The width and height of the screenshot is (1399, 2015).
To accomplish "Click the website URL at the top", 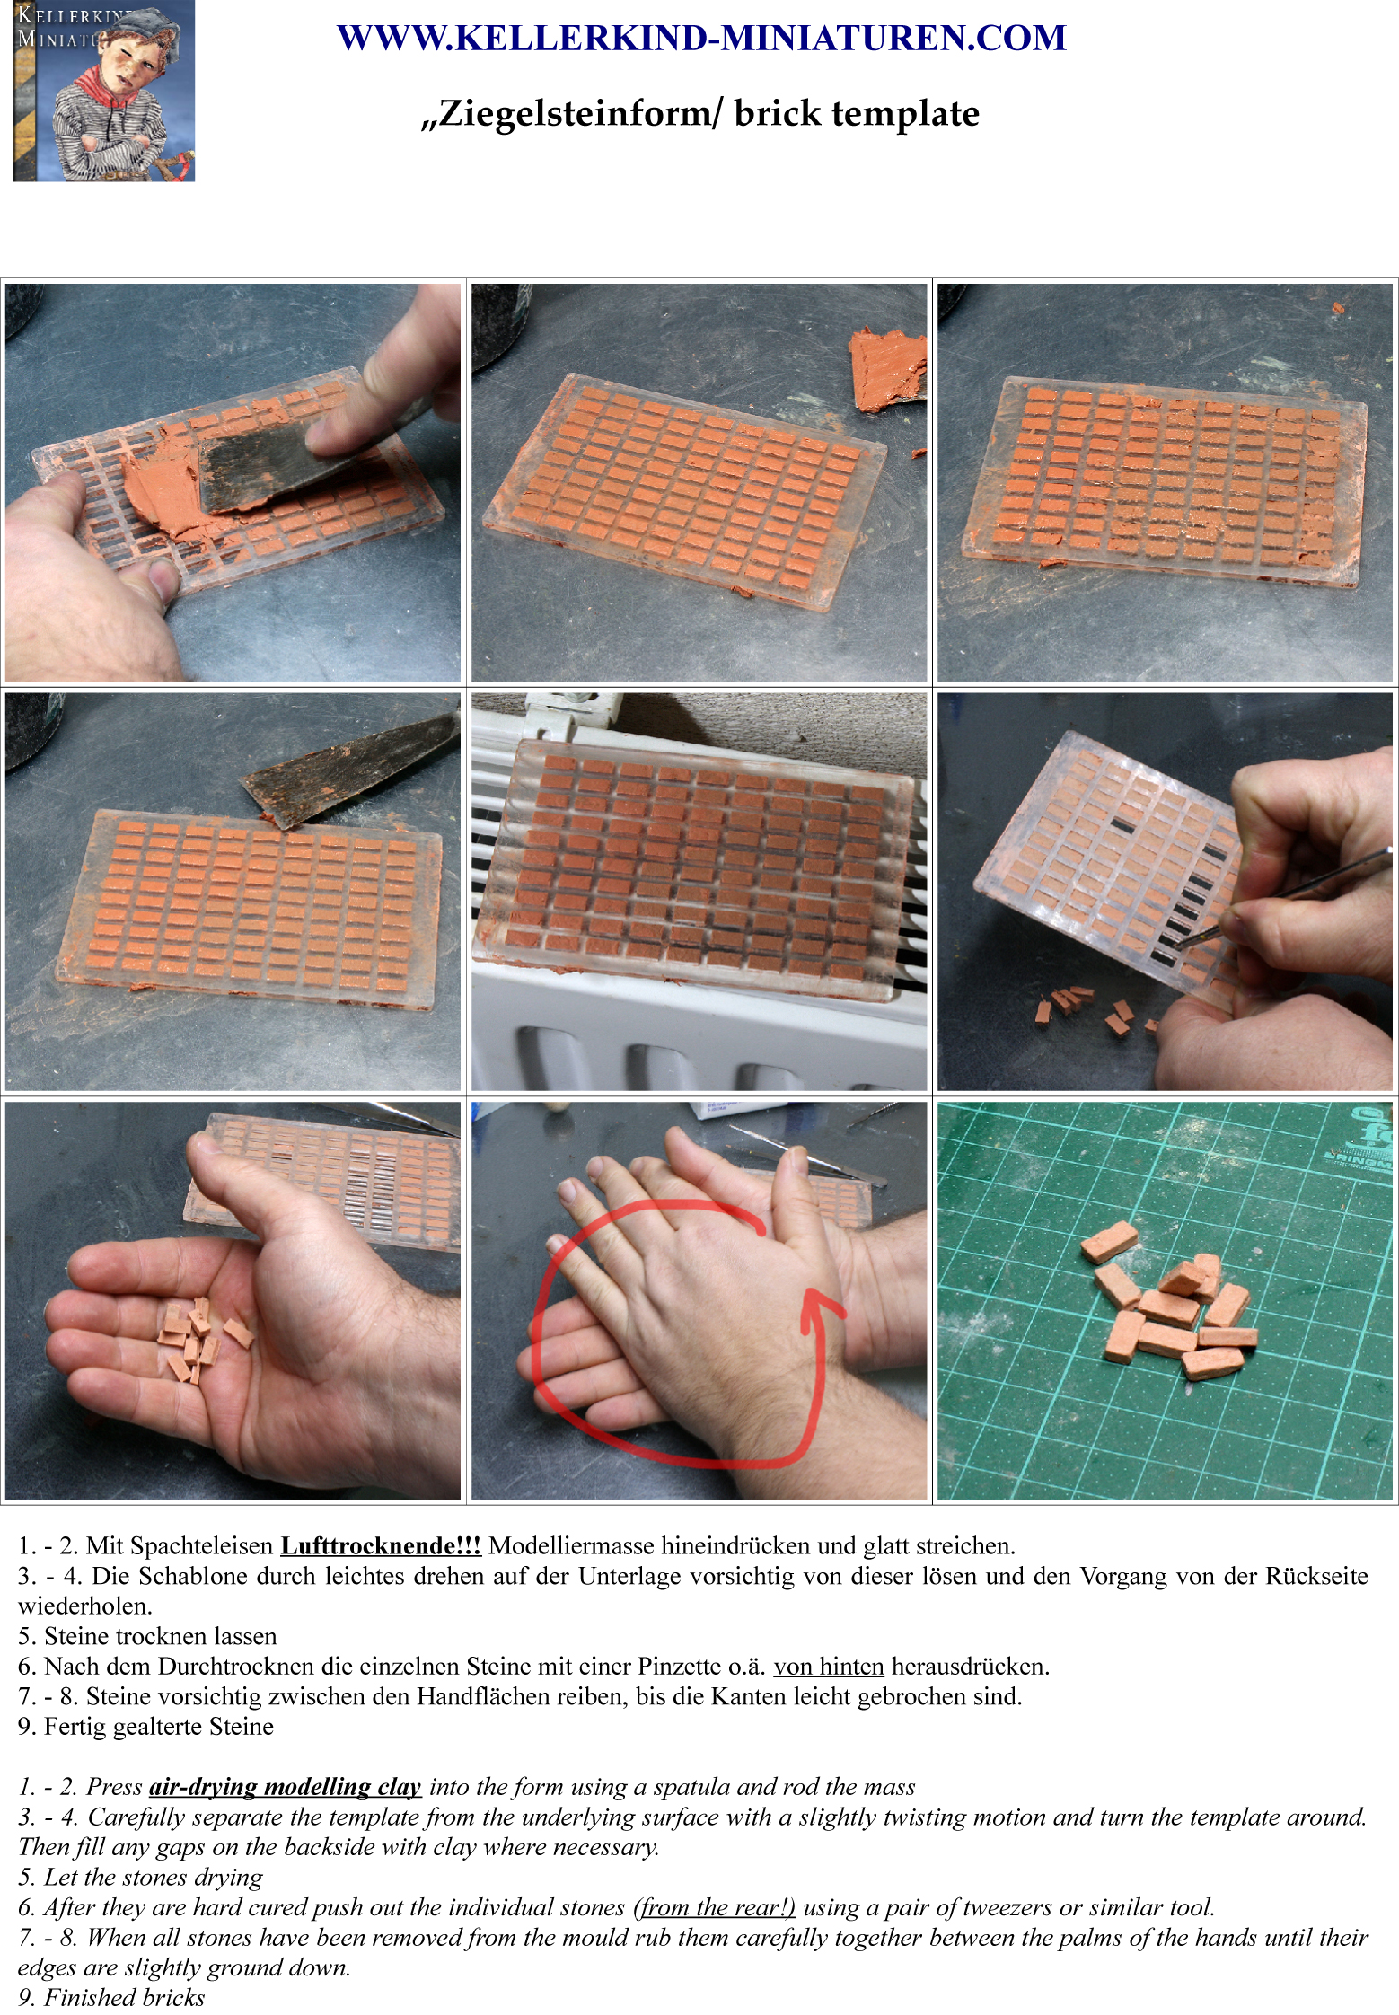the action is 701,38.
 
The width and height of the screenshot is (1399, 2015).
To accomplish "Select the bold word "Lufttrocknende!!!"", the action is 381,1545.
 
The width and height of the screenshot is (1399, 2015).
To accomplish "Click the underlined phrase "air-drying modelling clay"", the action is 285,1786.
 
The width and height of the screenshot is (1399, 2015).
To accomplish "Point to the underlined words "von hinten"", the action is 829,1666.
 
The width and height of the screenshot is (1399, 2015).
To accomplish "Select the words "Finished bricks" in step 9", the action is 125,1997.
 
